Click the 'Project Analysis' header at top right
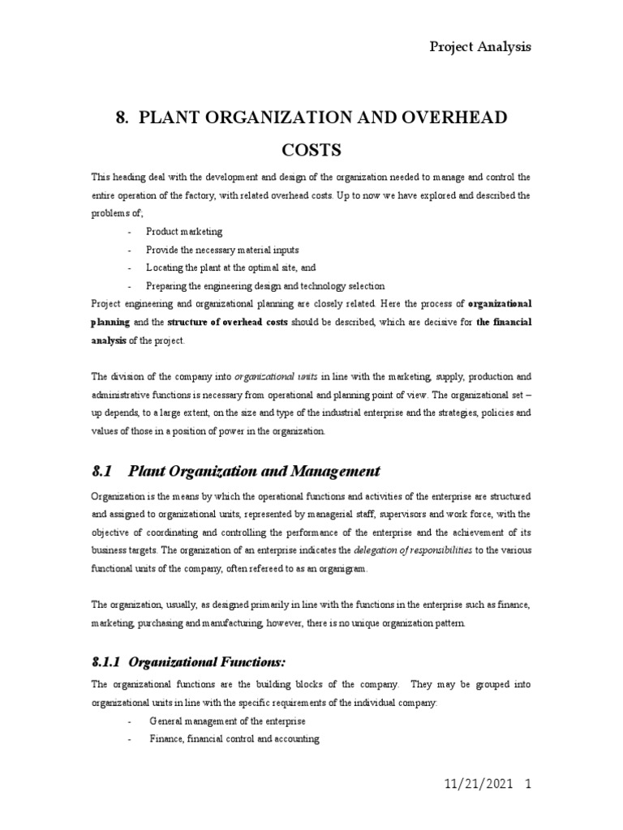coord(479,46)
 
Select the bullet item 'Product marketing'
coord(184,232)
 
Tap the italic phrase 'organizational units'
coord(276,377)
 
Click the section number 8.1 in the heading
coord(102,471)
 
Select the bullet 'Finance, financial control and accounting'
coord(234,739)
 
